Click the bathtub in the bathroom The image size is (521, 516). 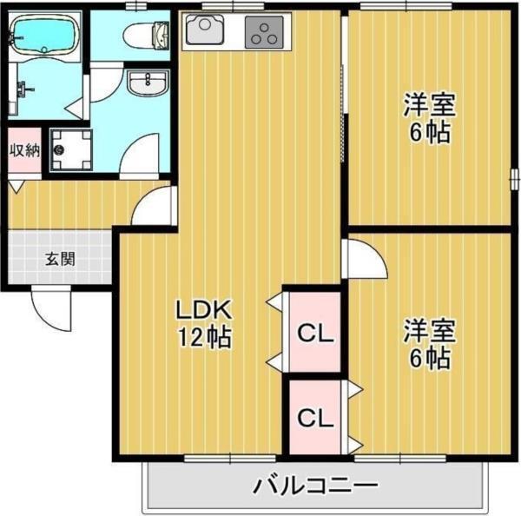click(x=43, y=37)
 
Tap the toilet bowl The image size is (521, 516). click(x=145, y=36)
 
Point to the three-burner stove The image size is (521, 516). click(x=265, y=32)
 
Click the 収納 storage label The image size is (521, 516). click(x=24, y=149)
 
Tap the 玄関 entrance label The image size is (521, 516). click(x=61, y=258)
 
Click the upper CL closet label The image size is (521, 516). click(x=316, y=333)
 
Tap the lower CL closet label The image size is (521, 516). click(x=316, y=418)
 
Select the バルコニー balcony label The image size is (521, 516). click(x=316, y=484)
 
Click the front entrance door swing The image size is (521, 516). click(x=49, y=306)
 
